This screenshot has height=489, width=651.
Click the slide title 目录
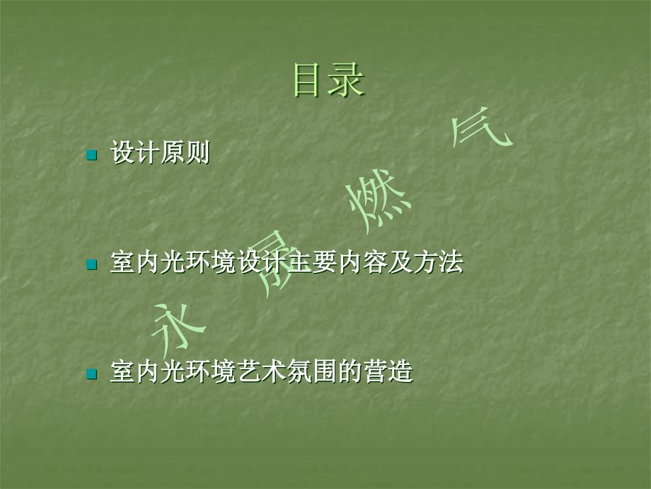[329, 81]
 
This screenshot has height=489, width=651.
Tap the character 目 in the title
[310, 81]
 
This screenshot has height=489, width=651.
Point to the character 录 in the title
[348, 81]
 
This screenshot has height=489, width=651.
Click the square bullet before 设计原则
[91, 154]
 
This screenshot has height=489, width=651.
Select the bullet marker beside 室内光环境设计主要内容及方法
[91, 265]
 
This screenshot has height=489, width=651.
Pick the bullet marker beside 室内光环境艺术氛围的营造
[91, 373]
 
